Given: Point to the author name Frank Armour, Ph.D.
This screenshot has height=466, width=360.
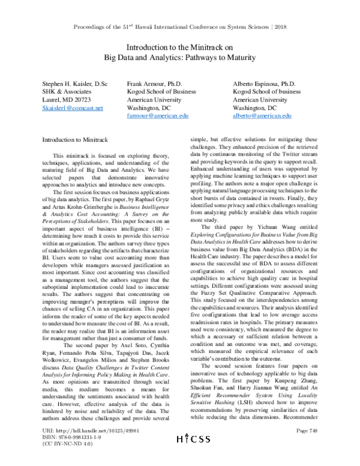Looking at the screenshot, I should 154,85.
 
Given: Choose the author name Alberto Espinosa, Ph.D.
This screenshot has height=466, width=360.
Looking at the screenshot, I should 264,85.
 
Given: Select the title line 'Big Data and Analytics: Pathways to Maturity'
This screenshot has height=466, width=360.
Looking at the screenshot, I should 179,58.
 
